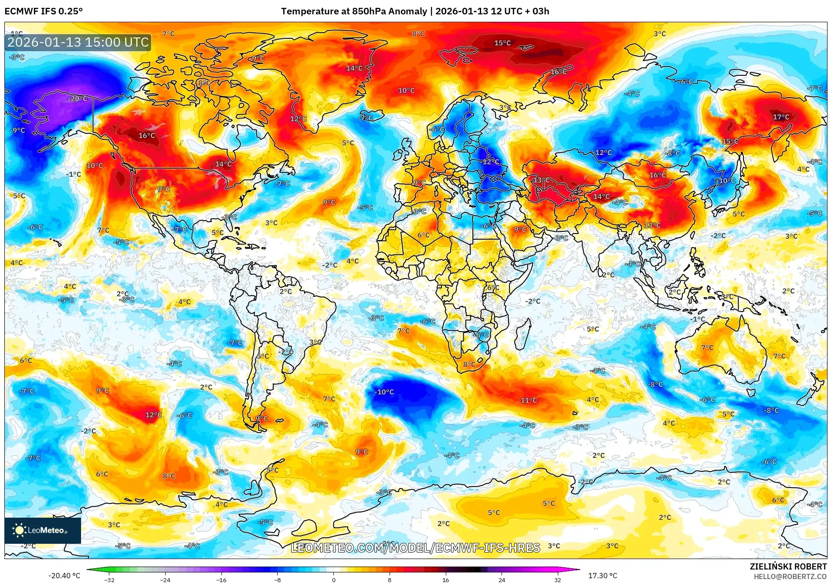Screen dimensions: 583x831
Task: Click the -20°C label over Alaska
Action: tap(78, 99)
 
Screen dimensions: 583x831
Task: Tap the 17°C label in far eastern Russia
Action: tap(781, 117)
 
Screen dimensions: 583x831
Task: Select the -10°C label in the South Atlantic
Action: tap(384, 392)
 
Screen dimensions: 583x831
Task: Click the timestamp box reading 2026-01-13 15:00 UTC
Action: tap(78, 42)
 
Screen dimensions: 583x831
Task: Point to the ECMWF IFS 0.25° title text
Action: tap(44, 11)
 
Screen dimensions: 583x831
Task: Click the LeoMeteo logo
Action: tap(43, 530)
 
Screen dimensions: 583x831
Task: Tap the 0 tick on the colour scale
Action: tap(334, 580)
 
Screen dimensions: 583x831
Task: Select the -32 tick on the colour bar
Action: tap(109, 580)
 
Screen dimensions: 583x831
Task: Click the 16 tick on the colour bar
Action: tap(445, 580)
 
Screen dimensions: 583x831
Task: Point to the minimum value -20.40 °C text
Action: tap(64, 576)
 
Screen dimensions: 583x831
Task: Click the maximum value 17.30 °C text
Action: tap(603, 576)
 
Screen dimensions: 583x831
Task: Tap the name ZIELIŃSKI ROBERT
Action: tap(788, 567)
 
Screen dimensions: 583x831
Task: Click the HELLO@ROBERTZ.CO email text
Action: tap(790, 576)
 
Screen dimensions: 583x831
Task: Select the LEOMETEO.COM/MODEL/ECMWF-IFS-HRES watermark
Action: tap(415, 548)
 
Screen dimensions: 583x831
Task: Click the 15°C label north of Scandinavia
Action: tap(502, 43)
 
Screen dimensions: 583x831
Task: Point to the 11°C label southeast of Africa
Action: tap(529, 400)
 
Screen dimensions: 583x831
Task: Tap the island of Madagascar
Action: tap(524, 334)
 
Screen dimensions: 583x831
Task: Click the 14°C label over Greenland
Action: tap(354, 68)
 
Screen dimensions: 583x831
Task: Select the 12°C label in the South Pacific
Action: tap(153, 415)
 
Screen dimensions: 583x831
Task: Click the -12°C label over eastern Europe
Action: tap(490, 162)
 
